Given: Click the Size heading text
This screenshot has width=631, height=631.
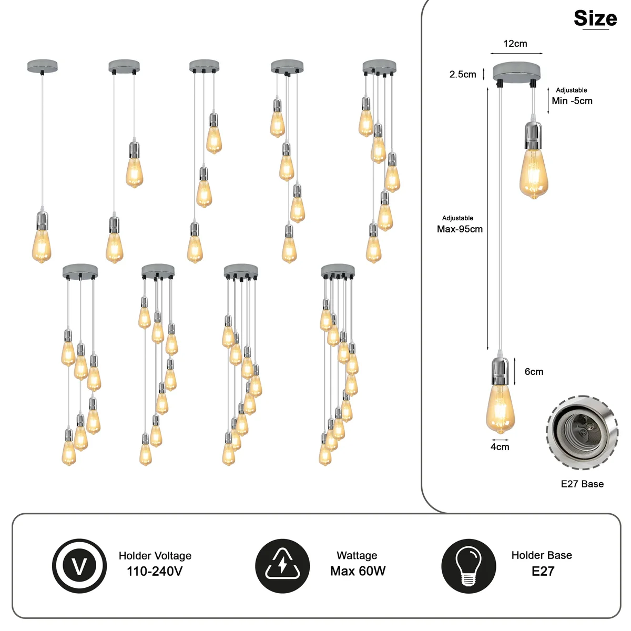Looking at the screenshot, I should tap(595, 19).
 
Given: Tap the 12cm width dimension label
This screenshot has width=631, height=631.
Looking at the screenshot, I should tap(515, 44).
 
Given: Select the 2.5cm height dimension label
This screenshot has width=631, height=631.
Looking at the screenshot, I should tap(463, 74).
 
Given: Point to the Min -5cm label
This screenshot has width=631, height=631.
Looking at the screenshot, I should tap(572, 101).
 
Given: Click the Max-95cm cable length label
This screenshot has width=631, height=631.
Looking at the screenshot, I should tap(460, 229).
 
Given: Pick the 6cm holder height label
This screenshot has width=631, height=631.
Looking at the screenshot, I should tap(534, 372).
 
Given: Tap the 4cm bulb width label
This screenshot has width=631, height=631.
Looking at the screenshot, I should tap(500, 447).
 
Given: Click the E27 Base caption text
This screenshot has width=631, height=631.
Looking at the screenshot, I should tap(582, 484).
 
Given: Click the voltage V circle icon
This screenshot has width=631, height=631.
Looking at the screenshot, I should tap(79, 566).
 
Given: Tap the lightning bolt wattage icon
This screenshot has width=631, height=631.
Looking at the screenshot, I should tap(282, 566).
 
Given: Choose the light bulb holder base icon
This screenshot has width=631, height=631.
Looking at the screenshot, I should tap(469, 566).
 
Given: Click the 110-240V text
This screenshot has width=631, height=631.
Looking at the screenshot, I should tap(155, 572).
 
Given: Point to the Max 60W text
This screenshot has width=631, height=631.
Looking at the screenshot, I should tap(358, 571).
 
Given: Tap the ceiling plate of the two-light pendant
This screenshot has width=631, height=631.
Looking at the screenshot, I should tap(124, 66).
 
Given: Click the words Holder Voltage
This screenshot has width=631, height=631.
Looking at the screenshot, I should tap(155, 556).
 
